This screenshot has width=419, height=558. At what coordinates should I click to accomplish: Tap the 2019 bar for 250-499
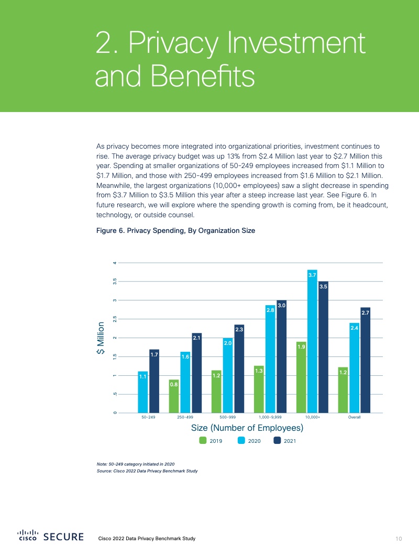click(174, 396)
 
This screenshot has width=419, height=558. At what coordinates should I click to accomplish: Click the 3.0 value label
click(281, 305)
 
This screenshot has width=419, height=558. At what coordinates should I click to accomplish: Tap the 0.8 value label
click(174, 385)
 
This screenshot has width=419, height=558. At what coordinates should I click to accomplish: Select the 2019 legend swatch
click(203, 441)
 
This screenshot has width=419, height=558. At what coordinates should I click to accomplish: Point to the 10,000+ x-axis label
click(313, 418)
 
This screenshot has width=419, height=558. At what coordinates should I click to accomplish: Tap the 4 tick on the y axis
click(115, 262)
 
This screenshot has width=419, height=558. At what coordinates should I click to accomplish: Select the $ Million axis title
click(100, 339)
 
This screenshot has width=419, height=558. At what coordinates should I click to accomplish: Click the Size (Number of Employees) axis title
click(247, 428)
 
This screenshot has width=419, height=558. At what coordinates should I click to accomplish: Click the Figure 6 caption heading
click(175, 230)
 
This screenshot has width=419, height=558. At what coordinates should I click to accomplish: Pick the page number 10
click(399, 539)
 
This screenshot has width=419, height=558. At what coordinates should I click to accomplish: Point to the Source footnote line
click(144, 471)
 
